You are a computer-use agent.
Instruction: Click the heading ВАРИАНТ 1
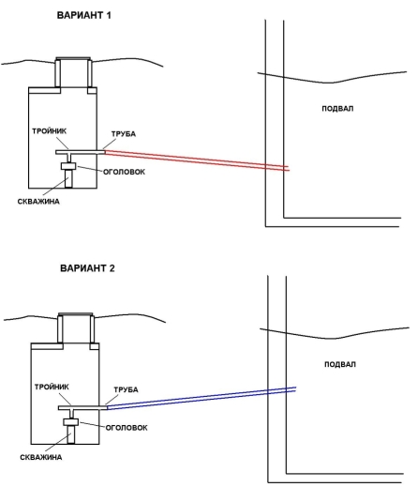point(83,15)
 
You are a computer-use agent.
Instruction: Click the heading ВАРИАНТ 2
point(87,268)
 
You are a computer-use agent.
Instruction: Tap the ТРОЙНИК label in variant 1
point(49,131)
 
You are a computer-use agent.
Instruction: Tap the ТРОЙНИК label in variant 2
point(52,387)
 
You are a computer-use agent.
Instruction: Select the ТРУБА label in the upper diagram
point(124,134)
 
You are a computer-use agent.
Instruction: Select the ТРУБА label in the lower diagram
point(126,389)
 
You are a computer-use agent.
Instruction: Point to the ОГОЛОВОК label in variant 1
point(124,172)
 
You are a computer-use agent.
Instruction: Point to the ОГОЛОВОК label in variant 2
point(127,428)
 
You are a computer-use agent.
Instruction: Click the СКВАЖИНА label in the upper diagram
point(38,202)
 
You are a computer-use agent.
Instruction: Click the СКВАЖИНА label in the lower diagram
point(41,457)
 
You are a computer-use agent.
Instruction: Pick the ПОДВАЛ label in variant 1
point(337,109)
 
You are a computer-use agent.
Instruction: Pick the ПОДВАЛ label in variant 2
point(340,364)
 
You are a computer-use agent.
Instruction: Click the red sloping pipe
point(197,160)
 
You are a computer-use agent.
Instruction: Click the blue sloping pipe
point(201,398)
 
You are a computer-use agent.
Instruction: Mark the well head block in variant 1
point(68,166)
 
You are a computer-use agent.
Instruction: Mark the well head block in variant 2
point(70,422)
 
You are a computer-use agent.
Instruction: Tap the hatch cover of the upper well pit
point(73,59)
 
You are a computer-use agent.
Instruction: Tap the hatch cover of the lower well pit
point(76,314)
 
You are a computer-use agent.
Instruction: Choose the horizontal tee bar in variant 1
point(81,152)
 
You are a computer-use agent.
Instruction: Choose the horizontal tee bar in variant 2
point(82,408)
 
